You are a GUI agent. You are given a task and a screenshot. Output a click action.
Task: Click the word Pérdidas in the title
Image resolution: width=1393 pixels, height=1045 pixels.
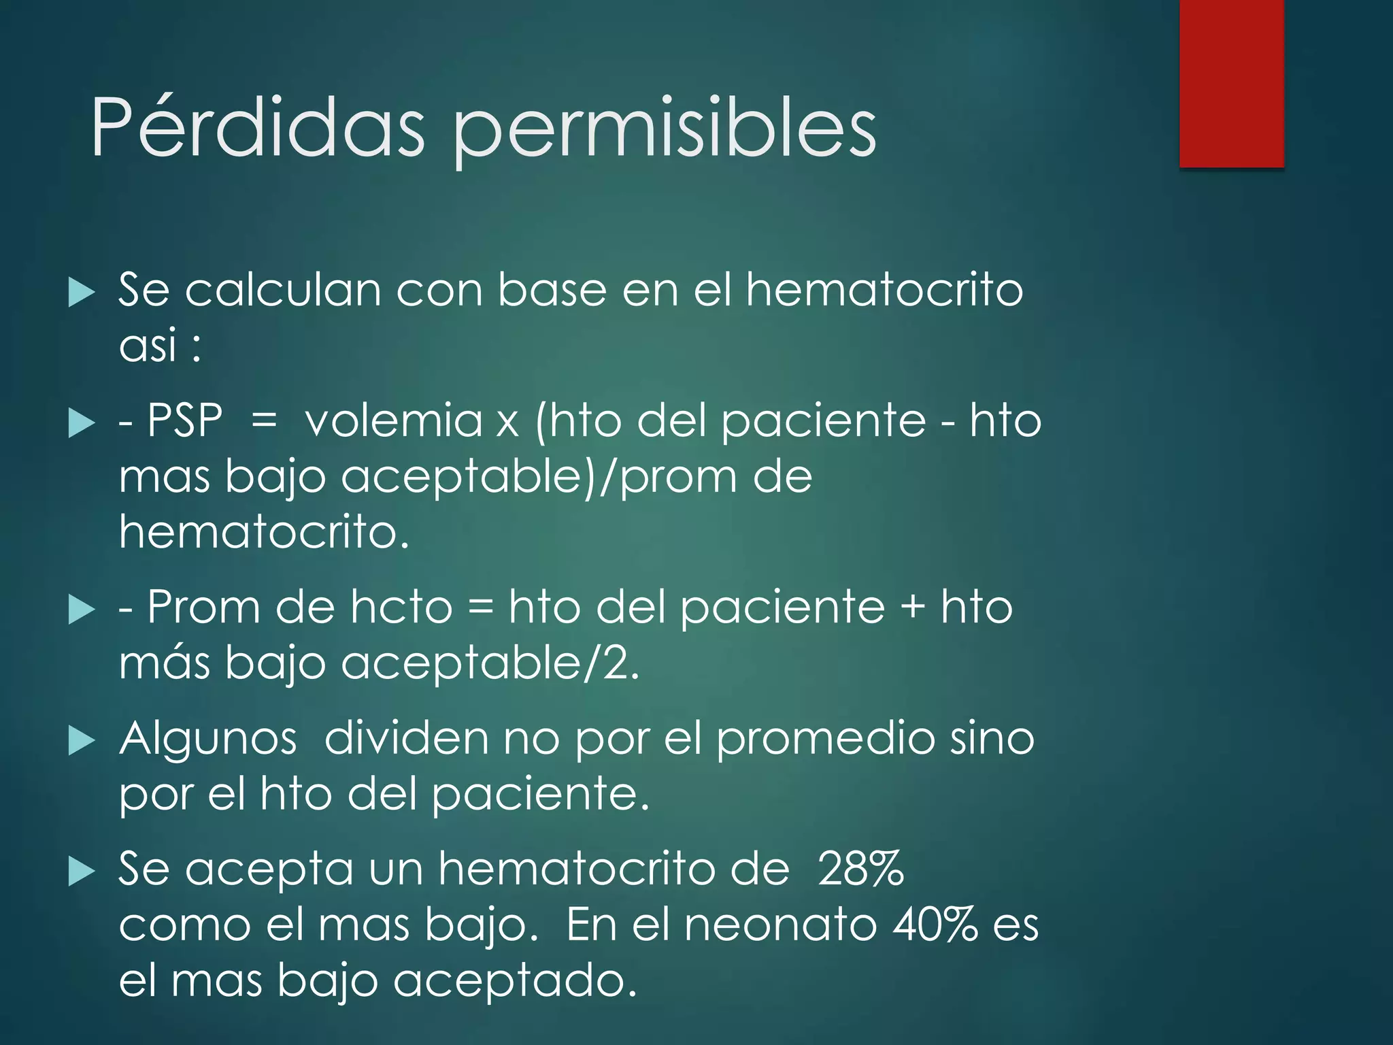click(x=258, y=127)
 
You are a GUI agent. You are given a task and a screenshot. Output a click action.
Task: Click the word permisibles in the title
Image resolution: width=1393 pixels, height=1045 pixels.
click(x=665, y=129)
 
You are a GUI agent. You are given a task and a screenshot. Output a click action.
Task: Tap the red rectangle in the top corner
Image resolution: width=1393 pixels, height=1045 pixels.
click(x=1231, y=84)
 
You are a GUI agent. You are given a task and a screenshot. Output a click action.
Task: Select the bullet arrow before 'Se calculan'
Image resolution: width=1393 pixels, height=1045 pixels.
click(x=82, y=292)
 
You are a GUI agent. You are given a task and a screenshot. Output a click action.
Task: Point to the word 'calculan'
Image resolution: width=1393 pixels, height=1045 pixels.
click(x=282, y=291)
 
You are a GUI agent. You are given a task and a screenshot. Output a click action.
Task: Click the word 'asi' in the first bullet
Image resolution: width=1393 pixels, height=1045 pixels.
click(x=148, y=345)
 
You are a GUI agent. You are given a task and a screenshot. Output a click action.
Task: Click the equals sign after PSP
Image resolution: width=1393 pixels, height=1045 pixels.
click(x=264, y=420)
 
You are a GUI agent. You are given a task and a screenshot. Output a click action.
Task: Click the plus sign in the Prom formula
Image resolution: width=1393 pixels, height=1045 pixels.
click(x=912, y=607)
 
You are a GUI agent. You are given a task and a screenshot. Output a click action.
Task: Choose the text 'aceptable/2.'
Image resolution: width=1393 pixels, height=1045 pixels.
click(x=490, y=663)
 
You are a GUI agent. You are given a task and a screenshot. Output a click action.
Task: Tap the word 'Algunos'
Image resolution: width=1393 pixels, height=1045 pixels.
click(x=208, y=740)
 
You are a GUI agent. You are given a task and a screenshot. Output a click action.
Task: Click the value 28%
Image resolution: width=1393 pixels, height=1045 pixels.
click(x=860, y=869)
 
